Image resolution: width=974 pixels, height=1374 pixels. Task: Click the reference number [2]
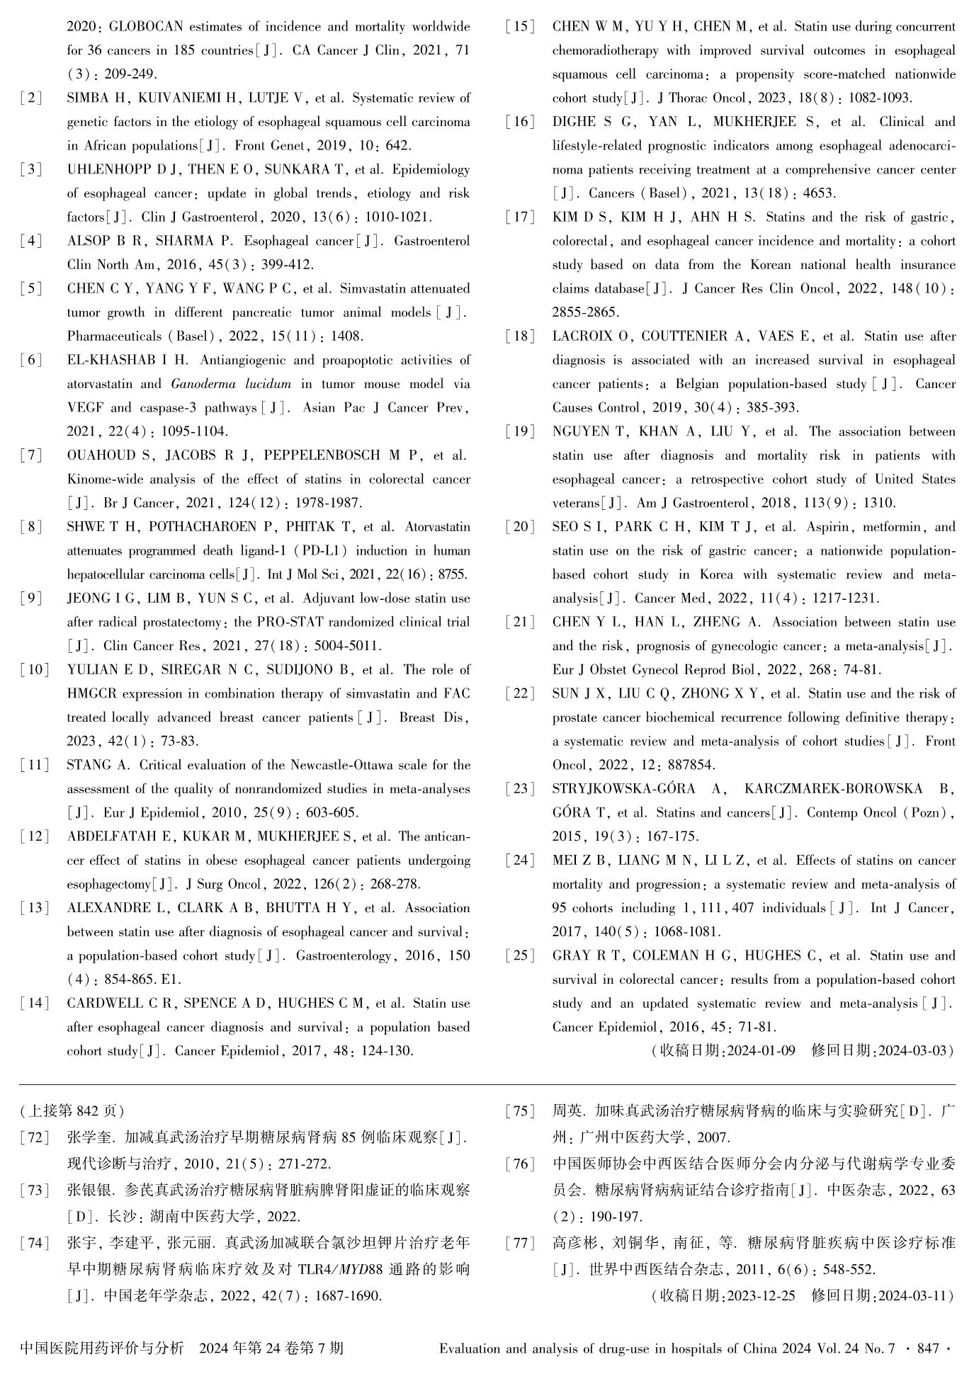(32, 98)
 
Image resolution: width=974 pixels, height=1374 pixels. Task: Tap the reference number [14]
(35, 1004)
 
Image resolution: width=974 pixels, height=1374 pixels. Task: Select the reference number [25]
(521, 956)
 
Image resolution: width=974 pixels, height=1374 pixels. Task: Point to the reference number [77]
(521, 1242)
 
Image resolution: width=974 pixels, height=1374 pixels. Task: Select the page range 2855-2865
(585, 312)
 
